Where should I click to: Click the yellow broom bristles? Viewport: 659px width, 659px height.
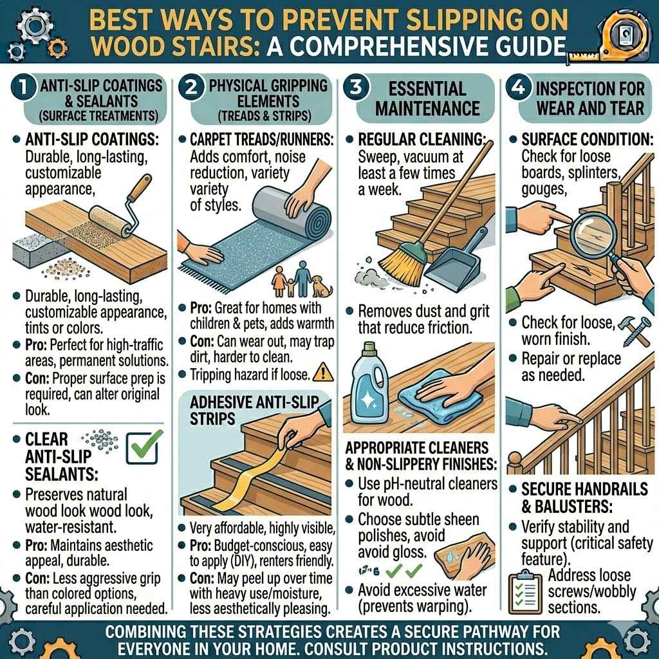click(x=393, y=265)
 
